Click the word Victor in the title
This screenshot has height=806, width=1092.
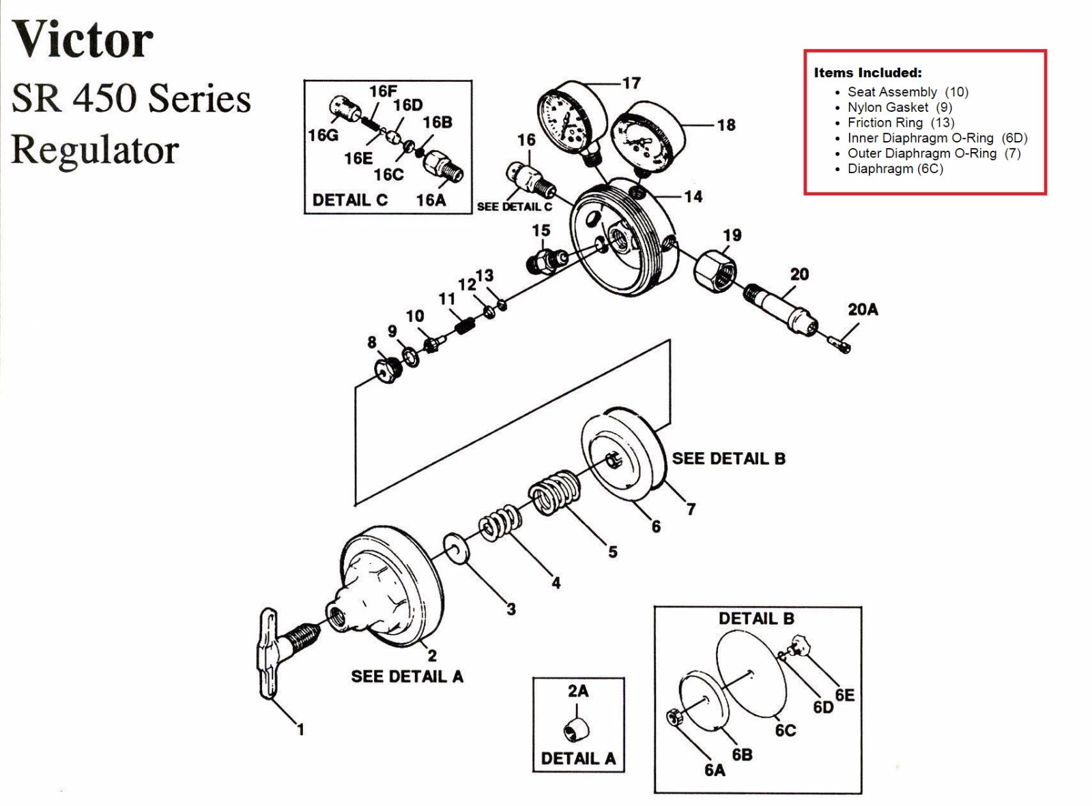(x=83, y=40)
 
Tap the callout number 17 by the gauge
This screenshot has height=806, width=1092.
(x=631, y=83)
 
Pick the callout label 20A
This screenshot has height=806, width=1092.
(x=863, y=310)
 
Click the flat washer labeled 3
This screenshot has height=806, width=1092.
(x=456, y=548)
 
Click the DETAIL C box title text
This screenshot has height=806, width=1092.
(x=350, y=200)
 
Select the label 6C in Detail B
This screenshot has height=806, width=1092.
(x=785, y=730)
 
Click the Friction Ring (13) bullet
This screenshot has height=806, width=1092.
(x=900, y=123)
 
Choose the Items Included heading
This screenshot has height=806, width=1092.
(x=867, y=73)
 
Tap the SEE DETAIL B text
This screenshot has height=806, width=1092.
(x=728, y=459)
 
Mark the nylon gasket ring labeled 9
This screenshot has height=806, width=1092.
(x=410, y=357)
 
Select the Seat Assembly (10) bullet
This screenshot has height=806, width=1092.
(x=907, y=92)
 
